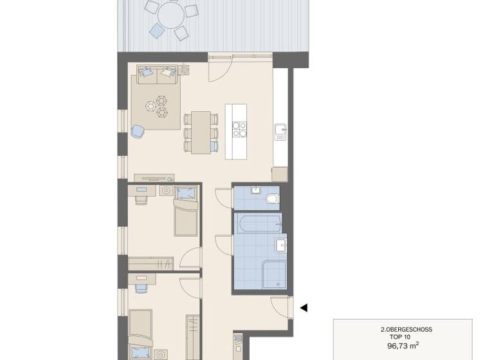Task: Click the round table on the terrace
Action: tap(170, 14)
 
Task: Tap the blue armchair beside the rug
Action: tap(137, 132)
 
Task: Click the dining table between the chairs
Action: tap(201, 131)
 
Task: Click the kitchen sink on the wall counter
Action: tap(280, 132)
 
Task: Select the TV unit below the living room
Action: tap(154, 178)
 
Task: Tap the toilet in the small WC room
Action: tap(272, 199)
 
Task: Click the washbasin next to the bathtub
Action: tap(280, 244)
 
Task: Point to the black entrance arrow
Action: tap(304, 308)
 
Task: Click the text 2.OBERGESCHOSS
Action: tap(406, 330)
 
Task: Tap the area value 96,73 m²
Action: tap(403, 346)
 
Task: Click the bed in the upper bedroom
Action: tap(186, 213)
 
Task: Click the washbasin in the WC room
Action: tap(255, 190)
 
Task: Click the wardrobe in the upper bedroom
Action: tap(151, 263)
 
